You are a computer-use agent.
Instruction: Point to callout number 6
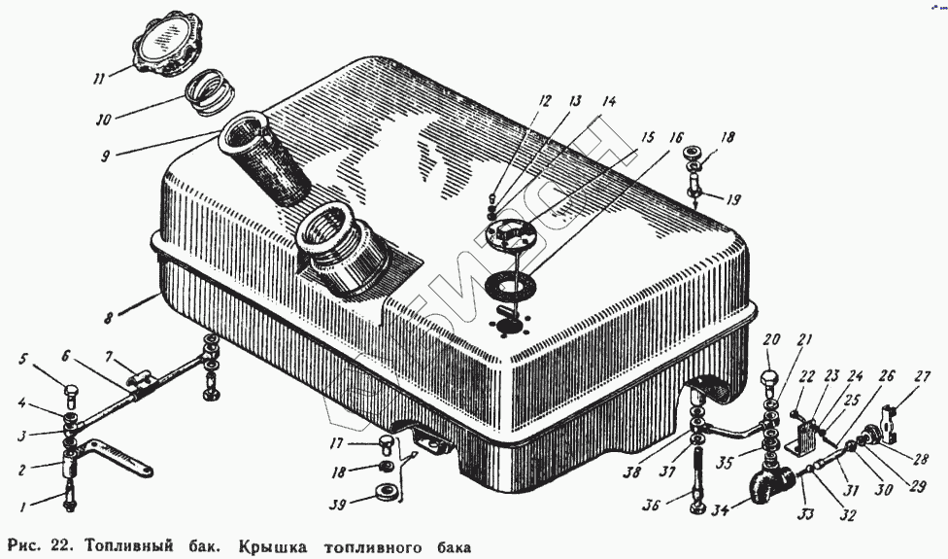[x=67, y=356]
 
